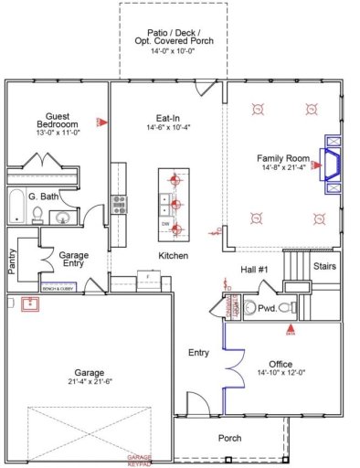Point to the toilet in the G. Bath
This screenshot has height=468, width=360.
pyautogui.click(x=38, y=215)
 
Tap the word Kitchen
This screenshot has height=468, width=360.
pyautogui.click(x=173, y=256)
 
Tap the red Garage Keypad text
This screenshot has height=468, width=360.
pyautogui.click(x=140, y=459)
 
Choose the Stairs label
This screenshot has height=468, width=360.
pyautogui.click(x=325, y=266)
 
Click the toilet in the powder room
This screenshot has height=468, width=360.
pyautogui.click(x=284, y=308)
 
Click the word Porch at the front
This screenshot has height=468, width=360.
pyautogui.click(x=229, y=438)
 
